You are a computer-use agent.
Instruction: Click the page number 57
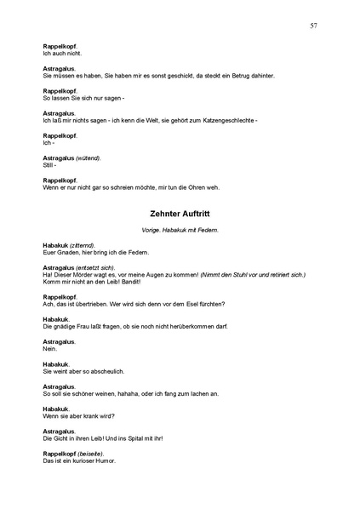(x=314, y=26)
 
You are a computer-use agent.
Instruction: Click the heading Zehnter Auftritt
(x=180, y=214)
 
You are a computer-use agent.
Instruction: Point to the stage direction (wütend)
(x=89, y=157)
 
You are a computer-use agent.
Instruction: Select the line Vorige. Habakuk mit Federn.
(x=180, y=231)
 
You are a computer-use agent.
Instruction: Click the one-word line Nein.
(x=49, y=349)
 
